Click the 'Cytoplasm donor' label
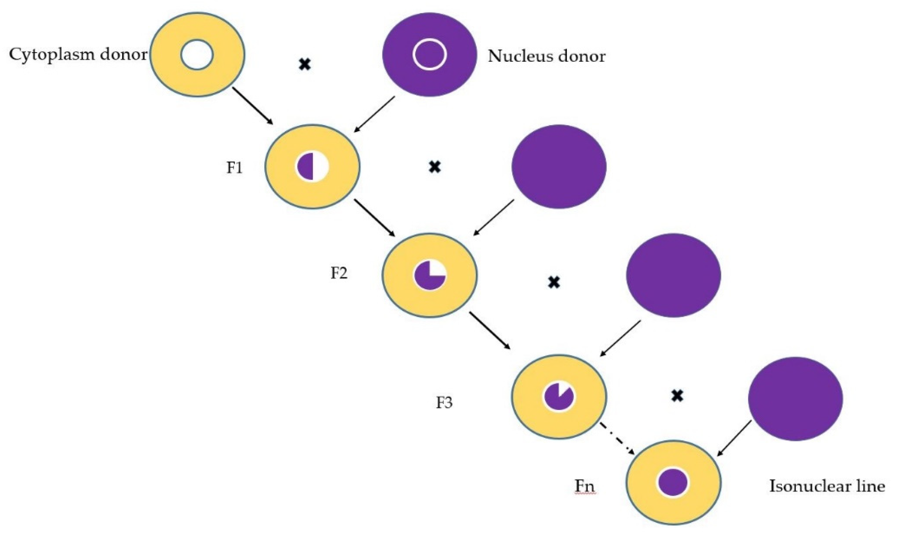click(x=78, y=55)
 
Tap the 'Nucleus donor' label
click(x=546, y=56)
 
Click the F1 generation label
click(x=234, y=167)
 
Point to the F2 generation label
click(x=339, y=273)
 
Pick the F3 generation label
click(x=444, y=403)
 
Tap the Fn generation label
click(x=585, y=486)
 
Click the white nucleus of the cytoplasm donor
click(x=197, y=55)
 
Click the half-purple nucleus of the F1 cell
click(x=312, y=167)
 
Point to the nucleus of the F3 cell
click(x=559, y=396)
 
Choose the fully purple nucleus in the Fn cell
click(x=673, y=482)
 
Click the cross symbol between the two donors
click(x=304, y=65)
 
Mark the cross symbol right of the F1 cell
click(x=434, y=167)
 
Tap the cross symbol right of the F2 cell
click(x=554, y=282)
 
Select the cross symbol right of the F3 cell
click(x=677, y=396)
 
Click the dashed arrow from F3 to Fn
click(x=617, y=439)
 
